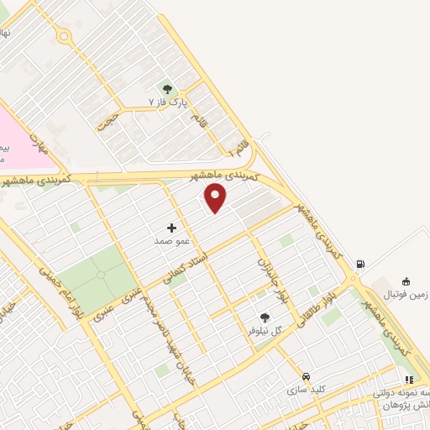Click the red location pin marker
click(216, 197)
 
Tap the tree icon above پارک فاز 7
click(166, 89)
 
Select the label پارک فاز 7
click(165, 102)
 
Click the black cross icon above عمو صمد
click(172, 228)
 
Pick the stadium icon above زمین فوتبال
click(406, 281)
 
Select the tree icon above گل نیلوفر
click(265, 317)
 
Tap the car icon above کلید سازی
click(306, 377)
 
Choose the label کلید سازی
click(304, 390)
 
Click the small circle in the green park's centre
click(98, 274)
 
